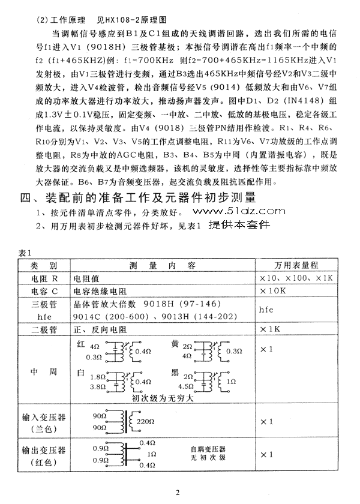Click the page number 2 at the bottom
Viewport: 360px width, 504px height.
pyautogui.click(x=178, y=493)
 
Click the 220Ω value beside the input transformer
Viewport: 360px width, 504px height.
pyautogui.click(x=147, y=422)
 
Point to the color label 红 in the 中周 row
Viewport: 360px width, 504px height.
pyautogui.click(x=81, y=345)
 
